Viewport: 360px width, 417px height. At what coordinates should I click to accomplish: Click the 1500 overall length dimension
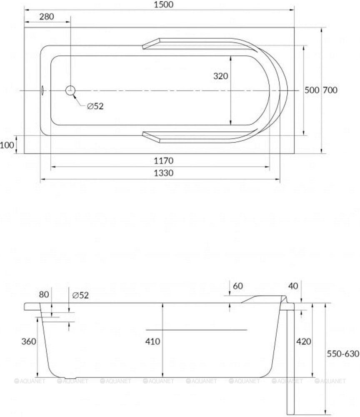click(x=164, y=5)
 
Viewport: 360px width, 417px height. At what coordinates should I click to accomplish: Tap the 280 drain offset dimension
click(x=47, y=17)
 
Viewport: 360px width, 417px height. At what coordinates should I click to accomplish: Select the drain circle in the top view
click(x=70, y=90)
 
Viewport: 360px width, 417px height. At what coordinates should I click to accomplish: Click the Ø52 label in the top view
click(x=95, y=106)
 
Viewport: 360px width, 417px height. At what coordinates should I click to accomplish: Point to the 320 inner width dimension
click(x=220, y=76)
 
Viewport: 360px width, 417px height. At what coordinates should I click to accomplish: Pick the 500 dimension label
click(x=312, y=90)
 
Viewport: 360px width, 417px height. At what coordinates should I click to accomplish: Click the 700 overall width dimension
click(x=330, y=90)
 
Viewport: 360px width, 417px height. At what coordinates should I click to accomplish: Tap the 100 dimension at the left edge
click(x=7, y=145)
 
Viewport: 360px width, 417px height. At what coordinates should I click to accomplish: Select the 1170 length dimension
click(x=164, y=161)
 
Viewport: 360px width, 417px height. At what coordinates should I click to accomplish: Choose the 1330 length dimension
click(x=164, y=173)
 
